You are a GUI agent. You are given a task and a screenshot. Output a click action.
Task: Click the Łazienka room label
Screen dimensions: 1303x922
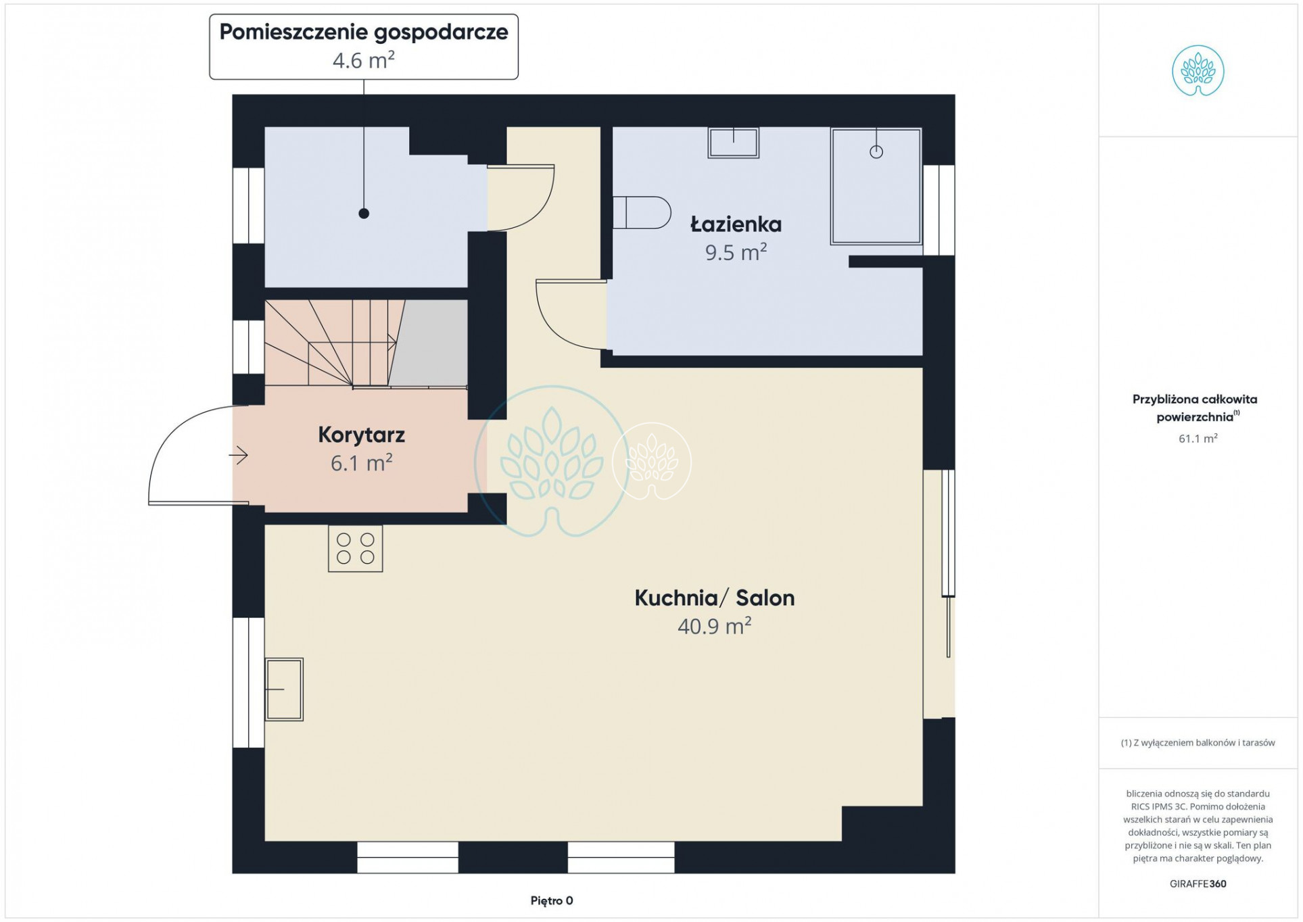coord(736,224)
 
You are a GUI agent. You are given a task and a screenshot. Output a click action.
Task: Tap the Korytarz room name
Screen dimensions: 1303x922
coord(362,435)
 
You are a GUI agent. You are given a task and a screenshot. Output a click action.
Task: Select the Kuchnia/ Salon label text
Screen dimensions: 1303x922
coord(715,598)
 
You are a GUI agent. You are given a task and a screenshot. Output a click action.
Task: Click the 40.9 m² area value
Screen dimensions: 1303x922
coord(715,626)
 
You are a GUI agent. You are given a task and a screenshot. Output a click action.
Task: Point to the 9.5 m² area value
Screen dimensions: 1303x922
coord(736,252)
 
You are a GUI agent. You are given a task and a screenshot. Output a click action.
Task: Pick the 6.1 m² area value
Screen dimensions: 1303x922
coord(362,463)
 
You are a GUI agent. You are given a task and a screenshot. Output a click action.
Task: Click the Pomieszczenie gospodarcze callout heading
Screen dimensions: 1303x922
coord(364,32)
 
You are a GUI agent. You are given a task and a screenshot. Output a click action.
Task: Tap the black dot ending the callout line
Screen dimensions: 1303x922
coord(364,214)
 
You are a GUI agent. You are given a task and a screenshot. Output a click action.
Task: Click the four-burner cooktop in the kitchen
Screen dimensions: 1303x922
coord(356,549)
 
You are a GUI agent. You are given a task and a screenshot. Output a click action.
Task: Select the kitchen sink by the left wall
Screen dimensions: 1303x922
coord(284,689)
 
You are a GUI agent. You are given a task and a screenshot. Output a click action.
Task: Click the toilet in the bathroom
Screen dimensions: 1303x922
coord(642,212)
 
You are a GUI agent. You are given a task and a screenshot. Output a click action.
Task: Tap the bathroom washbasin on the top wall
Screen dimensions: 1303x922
coord(734,143)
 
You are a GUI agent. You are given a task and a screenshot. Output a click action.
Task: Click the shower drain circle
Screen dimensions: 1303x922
coord(876,152)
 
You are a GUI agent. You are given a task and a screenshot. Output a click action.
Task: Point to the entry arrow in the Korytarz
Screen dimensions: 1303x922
coord(239,456)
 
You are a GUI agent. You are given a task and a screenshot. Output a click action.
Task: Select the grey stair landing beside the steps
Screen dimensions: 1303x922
coord(429,343)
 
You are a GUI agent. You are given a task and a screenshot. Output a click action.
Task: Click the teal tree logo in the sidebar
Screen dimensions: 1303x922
coord(1198,71)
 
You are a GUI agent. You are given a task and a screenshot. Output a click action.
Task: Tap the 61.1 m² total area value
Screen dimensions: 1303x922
coord(1198,439)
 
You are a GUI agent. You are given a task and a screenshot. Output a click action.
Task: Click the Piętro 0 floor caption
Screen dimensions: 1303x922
coord(552,900)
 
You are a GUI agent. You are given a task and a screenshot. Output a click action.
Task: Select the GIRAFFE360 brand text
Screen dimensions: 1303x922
coord(1198,883)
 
